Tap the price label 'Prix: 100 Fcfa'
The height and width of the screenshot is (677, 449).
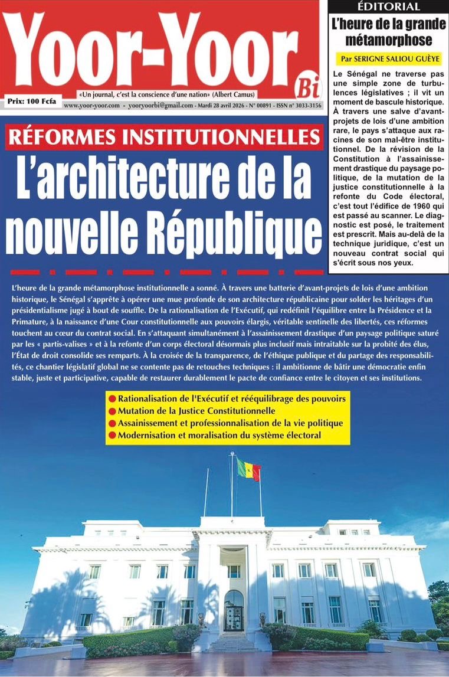(32, 102)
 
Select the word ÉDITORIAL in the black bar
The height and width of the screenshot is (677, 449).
(388, 6)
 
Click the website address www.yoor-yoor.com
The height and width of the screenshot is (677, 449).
(91, 106)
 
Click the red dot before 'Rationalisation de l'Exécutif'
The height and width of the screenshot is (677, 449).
(112, 398)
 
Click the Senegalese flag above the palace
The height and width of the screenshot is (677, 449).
(248, 469)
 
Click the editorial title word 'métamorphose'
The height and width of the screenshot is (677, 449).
(388, 40)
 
